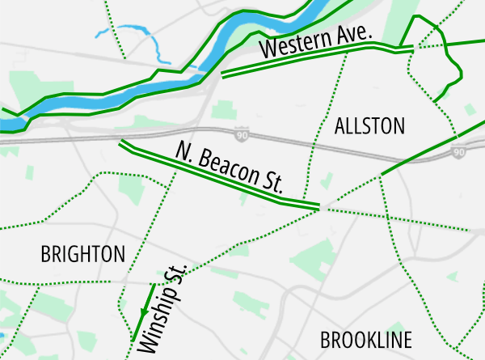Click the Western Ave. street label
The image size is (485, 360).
[315, 44]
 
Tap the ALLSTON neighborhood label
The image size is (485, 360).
[369, 125]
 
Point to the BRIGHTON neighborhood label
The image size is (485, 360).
[82, 254]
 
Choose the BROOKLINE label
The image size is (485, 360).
[365, 339]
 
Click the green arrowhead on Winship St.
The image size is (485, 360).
[144, 311]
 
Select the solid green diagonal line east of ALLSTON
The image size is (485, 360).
[428, 149]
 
